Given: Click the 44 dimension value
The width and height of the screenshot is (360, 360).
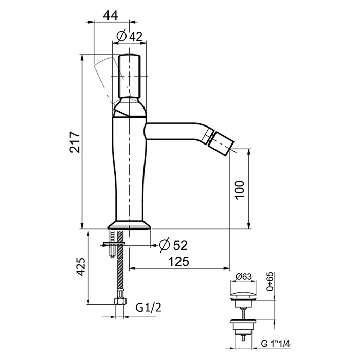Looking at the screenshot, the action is pos(110,15).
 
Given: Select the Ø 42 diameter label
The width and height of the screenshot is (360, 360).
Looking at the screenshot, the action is pos(130,36).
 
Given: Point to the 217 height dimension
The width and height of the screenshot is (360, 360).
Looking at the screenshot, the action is pos(75,142).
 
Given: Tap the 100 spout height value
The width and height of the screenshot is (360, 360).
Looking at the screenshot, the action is pos(240,190).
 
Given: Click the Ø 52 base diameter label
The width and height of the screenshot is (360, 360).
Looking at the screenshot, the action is pos(174,245).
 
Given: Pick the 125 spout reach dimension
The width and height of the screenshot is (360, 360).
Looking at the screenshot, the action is pos(178,261).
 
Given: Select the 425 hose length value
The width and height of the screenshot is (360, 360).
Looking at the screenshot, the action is pos(81,266).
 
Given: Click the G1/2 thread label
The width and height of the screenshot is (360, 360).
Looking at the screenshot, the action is pos(149,308).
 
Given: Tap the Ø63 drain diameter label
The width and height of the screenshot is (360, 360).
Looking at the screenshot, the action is pos(244,277).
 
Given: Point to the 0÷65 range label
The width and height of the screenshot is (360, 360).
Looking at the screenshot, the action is pos(270,281).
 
